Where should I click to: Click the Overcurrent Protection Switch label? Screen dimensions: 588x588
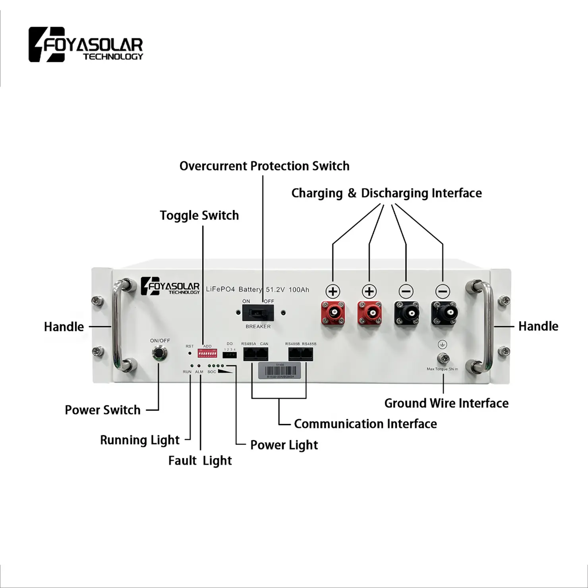(x=264, y=166)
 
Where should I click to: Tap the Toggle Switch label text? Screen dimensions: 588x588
(x=199, y=215)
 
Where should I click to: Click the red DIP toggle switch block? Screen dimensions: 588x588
(x=206, y=353)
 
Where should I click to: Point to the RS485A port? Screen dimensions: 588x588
(x=250, y=353)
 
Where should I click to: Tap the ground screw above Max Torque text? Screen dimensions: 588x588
(x=442, y=358)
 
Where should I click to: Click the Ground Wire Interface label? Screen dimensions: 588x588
(x=446, y=403)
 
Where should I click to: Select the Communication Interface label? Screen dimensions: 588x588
(x=365, y=424)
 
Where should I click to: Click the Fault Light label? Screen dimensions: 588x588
(x=200, y=460)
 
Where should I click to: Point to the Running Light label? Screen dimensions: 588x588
(x=139, y=440)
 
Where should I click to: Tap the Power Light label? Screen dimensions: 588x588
(x=284, y=445)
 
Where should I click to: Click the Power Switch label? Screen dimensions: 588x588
(x=103, y=410)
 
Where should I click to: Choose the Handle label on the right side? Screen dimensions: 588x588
(x=538, y=326)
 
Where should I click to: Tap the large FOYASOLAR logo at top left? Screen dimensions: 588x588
(x=86, y=44)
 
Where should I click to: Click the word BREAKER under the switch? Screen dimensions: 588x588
(x=258, y=327)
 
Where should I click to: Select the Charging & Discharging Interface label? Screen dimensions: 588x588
(x=386, y=193)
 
